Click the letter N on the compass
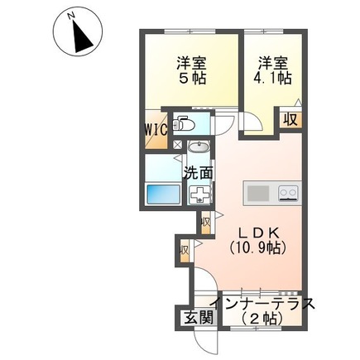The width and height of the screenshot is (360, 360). point(71,17)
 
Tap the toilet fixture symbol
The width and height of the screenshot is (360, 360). point(184,124)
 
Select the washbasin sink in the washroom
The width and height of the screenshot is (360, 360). point(199,148)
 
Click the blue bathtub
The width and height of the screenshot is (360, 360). point(163,194)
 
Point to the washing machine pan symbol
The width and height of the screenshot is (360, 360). point(199,194)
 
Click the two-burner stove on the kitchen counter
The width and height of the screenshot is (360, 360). point(289,192)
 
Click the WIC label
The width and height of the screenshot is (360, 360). point(156,129)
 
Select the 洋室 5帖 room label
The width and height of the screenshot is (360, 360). point(191,70)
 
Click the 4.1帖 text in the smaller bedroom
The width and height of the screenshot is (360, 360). point(272,79)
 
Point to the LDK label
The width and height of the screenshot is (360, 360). point(259,233)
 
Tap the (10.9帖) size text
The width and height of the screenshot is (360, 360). point(257,247)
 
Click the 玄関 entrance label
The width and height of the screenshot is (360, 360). point(199,318)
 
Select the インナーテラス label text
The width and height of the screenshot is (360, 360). point(262,304)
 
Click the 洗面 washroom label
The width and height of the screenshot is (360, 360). point(199,173)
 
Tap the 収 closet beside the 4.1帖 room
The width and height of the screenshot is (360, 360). point(290,120)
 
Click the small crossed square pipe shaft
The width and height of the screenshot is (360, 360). point(177,145)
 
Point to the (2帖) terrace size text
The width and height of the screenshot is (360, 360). point(262,319)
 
